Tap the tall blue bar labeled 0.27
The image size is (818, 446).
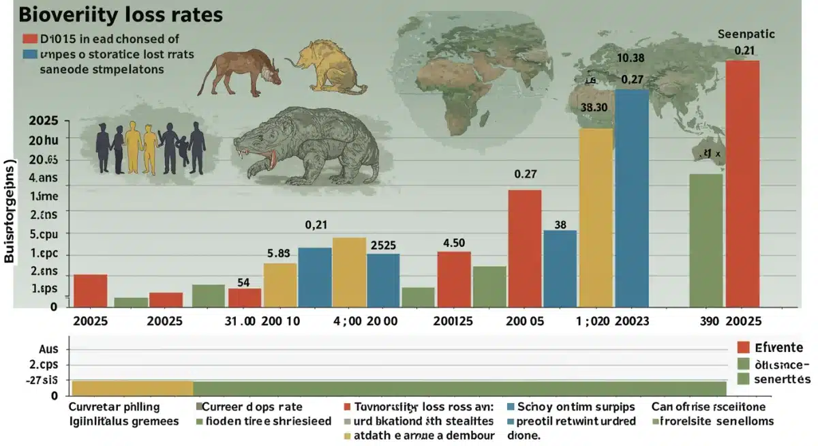click(x=632, y=198)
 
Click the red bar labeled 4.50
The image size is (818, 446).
click(x=454, y=279)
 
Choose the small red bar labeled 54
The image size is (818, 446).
click(x=245, y=297)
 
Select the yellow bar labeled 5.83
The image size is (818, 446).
click(x=279, y=284)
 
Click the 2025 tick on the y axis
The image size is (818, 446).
click(x=43, y=121)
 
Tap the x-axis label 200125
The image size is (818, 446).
click(x=453, y=321)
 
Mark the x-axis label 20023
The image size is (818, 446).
click(x=631, y=321)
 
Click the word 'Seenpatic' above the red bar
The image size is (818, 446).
click(x=746, y=33)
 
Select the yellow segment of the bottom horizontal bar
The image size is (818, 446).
click(x=132, y=388)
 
